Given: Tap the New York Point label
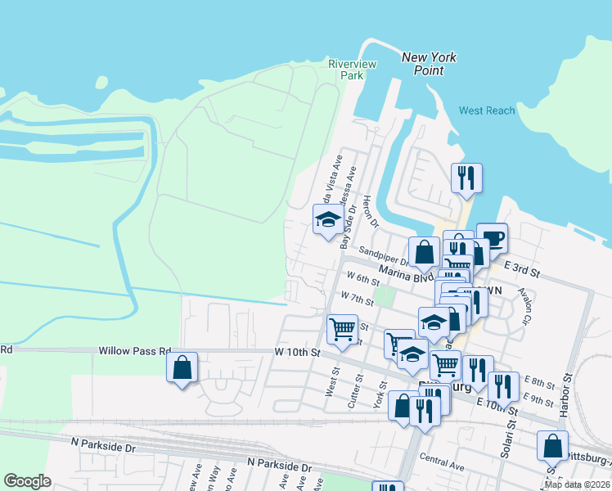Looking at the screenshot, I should click(x=429, y=64).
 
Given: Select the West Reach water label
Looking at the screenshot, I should click(x=487, y=110).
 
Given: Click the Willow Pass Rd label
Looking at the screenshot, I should click(x=131, y=350).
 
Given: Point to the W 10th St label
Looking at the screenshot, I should click(x=295, y=353).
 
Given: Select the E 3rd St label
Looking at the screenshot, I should click(x=523, y=268).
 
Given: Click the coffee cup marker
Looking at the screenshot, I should click(x=492, y=238).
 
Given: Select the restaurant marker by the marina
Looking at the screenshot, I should click(x=466, y=178).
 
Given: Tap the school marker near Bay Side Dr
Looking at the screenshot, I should click(x=328, y=219).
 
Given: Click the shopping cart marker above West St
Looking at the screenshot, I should click(x=342, y=329).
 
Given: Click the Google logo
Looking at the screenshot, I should click(x=28, y=481).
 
